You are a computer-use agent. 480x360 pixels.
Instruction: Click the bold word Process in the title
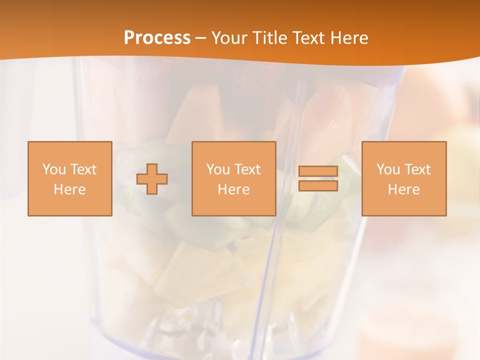tap(157, 38)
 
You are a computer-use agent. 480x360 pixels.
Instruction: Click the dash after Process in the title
tap(201, 38)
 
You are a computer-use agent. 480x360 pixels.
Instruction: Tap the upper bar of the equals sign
tap(318, 171)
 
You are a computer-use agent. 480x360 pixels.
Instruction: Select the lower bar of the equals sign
tap(318, 186)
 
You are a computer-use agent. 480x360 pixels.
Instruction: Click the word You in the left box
tap(54, 169)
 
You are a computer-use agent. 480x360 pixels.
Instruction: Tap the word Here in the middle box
tap(233, 189)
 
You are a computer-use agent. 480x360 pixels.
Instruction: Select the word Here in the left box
tap(69, 189)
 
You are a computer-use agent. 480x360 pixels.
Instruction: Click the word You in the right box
tap(388, 169)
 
